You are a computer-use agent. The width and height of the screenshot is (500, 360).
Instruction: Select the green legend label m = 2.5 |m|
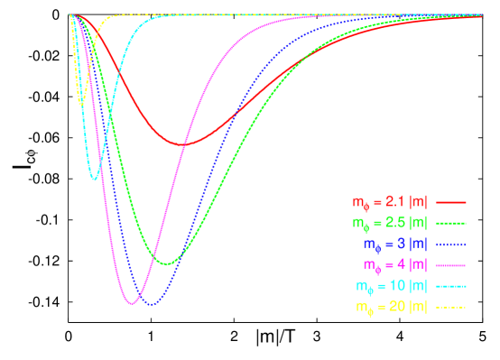coord(390,223)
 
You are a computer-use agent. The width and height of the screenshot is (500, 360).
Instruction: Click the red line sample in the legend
coord(450,202)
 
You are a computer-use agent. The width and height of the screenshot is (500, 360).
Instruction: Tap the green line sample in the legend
coord(450,223)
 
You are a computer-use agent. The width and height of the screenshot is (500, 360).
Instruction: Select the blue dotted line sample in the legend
coord(450,245)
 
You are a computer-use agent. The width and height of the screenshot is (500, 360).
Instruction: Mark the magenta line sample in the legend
coord(450,265)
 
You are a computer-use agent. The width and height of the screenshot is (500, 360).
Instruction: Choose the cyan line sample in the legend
coord(450,286)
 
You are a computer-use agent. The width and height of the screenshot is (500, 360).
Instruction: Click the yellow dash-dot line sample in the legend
coord(450,308)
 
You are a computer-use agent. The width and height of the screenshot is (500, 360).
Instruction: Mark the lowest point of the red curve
coord(185,144)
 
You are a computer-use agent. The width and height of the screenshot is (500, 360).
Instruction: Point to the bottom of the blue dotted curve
coord(151,305)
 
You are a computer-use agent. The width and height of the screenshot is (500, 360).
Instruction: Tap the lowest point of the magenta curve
coord(133,303)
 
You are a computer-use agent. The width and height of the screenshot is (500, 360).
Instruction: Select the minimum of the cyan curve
coord(94,180)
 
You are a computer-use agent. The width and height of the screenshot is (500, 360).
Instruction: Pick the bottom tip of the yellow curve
coord(82,105)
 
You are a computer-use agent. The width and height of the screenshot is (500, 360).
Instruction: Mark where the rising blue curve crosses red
coord(236,114)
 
